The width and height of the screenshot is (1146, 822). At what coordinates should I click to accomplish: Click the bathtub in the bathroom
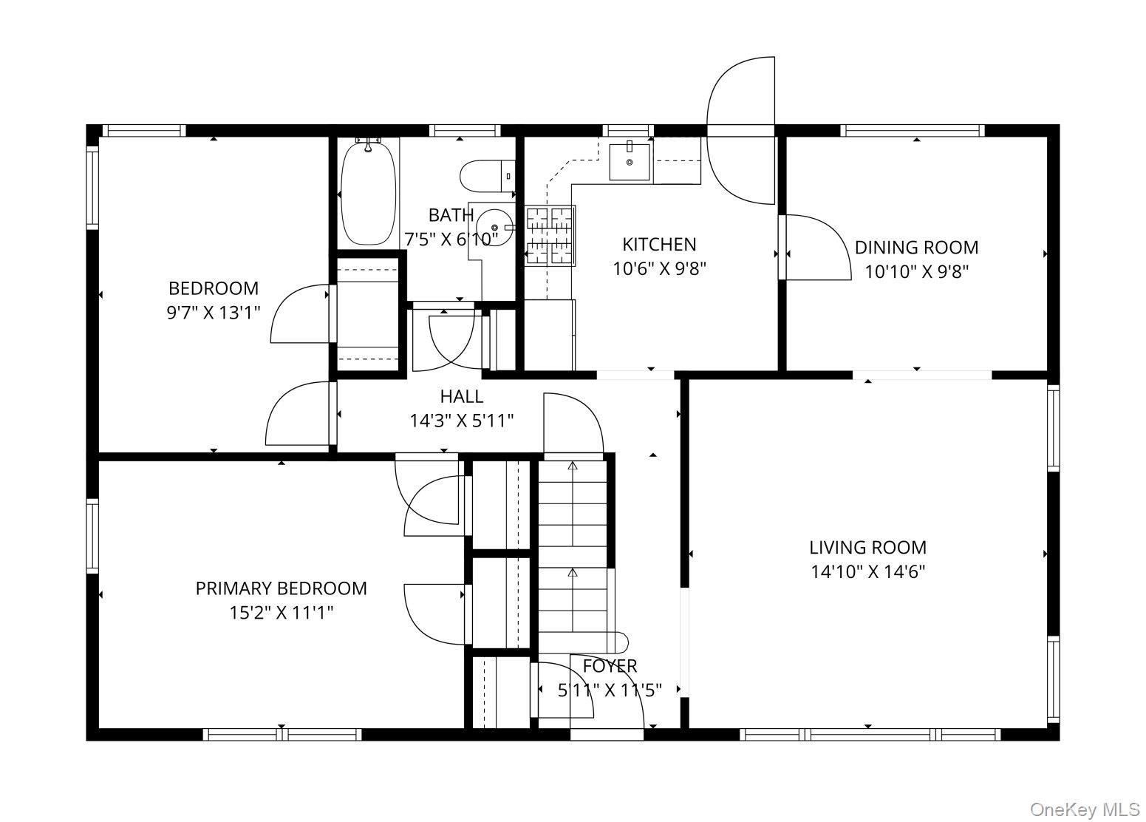(368, 192)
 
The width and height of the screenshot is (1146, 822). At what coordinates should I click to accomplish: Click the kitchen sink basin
(630, 162)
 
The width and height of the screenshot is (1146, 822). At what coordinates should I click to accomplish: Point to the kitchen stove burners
(550, 236)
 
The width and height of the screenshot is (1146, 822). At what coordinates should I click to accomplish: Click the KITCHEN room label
(659, 244)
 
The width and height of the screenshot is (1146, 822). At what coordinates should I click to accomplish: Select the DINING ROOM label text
(916, 247)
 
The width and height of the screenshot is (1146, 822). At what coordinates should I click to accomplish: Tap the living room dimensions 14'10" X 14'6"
(867, 571)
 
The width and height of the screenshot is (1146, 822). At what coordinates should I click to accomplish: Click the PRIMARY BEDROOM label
(281, 588)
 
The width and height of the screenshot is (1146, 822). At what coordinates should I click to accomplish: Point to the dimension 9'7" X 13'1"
(214, 313)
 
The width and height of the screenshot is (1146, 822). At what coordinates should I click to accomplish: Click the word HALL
(462, 396)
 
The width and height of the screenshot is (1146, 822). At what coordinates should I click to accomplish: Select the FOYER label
(610, 666)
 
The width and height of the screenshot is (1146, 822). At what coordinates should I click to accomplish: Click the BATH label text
(451, 215)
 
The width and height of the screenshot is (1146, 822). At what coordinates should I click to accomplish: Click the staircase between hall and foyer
(573, 547)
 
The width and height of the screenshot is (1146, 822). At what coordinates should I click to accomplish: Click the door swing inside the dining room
(816, 248)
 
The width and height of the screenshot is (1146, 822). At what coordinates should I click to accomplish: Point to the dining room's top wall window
(913, 131)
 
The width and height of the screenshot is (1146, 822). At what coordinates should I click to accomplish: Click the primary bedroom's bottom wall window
(282, 734)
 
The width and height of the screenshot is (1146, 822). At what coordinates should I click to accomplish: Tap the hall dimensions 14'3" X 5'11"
(462, 421)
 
